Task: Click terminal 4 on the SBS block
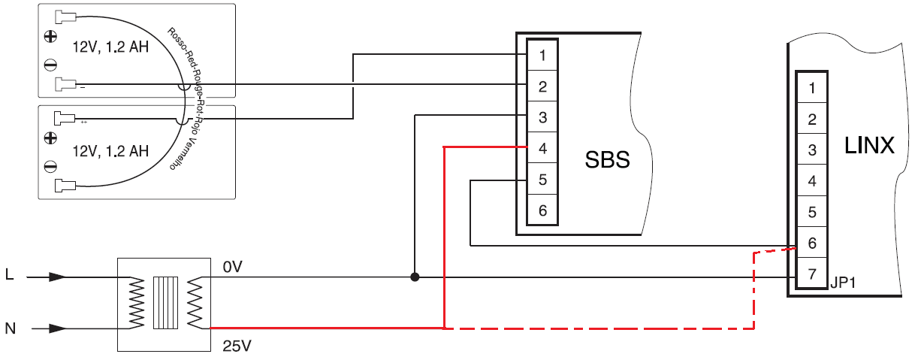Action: [x=542, y=148]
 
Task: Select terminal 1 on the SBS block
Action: [x=542, y=55]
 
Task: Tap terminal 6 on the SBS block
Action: [x=542, y=210]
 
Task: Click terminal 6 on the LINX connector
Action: [x=812, y=244]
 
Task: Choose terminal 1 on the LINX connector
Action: [x=812, y=89]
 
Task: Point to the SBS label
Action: [x=607, y=160]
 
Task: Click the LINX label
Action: [x=869, y=145]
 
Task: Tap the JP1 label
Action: [x=844, y=283]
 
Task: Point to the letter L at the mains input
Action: [x=9, y=276]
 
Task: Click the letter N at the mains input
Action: [x=10, y=328]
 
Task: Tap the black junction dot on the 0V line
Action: [x=415, y=277]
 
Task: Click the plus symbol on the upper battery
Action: [x=50, y=35]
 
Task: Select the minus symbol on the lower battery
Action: [x=50, y=165]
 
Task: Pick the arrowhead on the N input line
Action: [x=57, y=328]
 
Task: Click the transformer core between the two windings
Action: [x=165, y=303]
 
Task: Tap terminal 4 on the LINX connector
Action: [x=812, y=182]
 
